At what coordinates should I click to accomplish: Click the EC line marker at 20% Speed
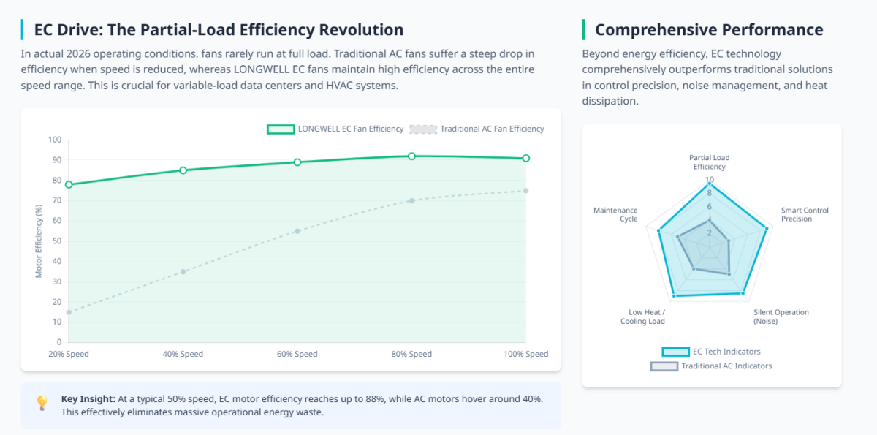coord(69,184)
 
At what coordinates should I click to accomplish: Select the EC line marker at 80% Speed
coord(411,156)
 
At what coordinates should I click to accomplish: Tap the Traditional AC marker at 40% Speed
coord(183,271)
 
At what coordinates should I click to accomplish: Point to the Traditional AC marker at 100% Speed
coord(525,191)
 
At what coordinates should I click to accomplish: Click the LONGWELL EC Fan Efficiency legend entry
coord(335,129)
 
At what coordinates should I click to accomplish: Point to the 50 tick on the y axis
coord(56,241)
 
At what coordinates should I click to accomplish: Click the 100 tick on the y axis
coord(54,140)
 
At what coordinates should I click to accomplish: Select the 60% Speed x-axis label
coord(297,354)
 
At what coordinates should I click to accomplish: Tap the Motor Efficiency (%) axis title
coord(39,241)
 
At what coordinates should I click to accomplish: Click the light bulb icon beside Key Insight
coord(42,403)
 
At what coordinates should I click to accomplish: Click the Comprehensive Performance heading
coord(709,30)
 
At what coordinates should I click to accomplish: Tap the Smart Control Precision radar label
coord(805,214)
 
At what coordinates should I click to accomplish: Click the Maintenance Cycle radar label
coord(615,214)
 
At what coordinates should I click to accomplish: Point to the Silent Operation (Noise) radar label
coord(781,317)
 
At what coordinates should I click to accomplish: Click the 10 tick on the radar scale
coord(709,180)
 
